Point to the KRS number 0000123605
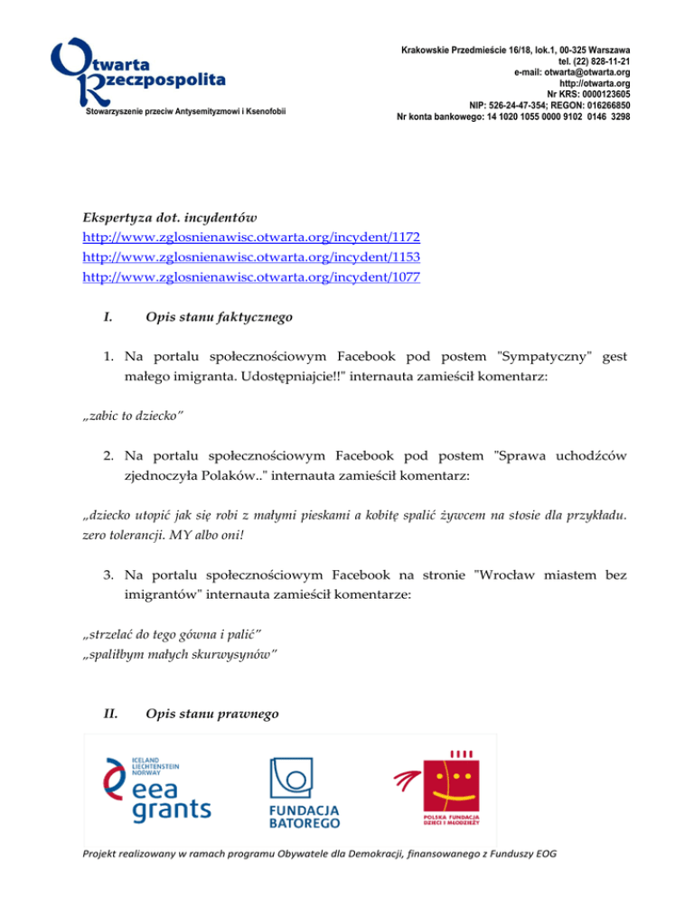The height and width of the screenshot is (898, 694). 601,93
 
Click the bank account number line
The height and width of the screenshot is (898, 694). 513,116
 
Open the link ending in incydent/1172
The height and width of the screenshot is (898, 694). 251,238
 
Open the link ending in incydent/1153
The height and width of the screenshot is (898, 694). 251,257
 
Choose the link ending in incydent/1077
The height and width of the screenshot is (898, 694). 251,277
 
